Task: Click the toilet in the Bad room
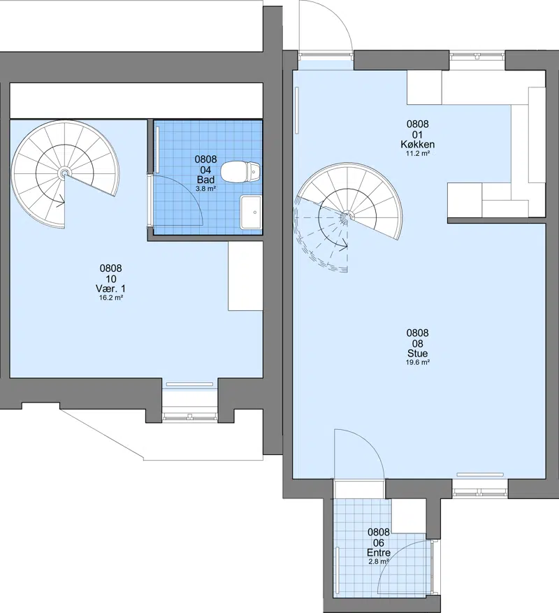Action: pos(240,172)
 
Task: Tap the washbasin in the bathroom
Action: pos(251,212)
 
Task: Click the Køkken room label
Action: pos(417,144)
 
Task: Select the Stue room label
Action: pos(417,353)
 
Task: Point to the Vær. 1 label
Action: pos(110,289)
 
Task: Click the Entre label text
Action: pos(379,553)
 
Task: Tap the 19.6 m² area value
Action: pos(417,362)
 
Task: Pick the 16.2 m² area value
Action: pos(111,298)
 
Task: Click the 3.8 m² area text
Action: pos(206,189)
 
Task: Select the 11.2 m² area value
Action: pos(417,153)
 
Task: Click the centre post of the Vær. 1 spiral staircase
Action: pos(64,173)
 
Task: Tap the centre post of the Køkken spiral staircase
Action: pos(346,216)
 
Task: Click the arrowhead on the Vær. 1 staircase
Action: pos(61,203)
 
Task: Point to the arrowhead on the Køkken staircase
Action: pos(344,246)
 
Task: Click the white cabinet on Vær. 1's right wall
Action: pos(245,275)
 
